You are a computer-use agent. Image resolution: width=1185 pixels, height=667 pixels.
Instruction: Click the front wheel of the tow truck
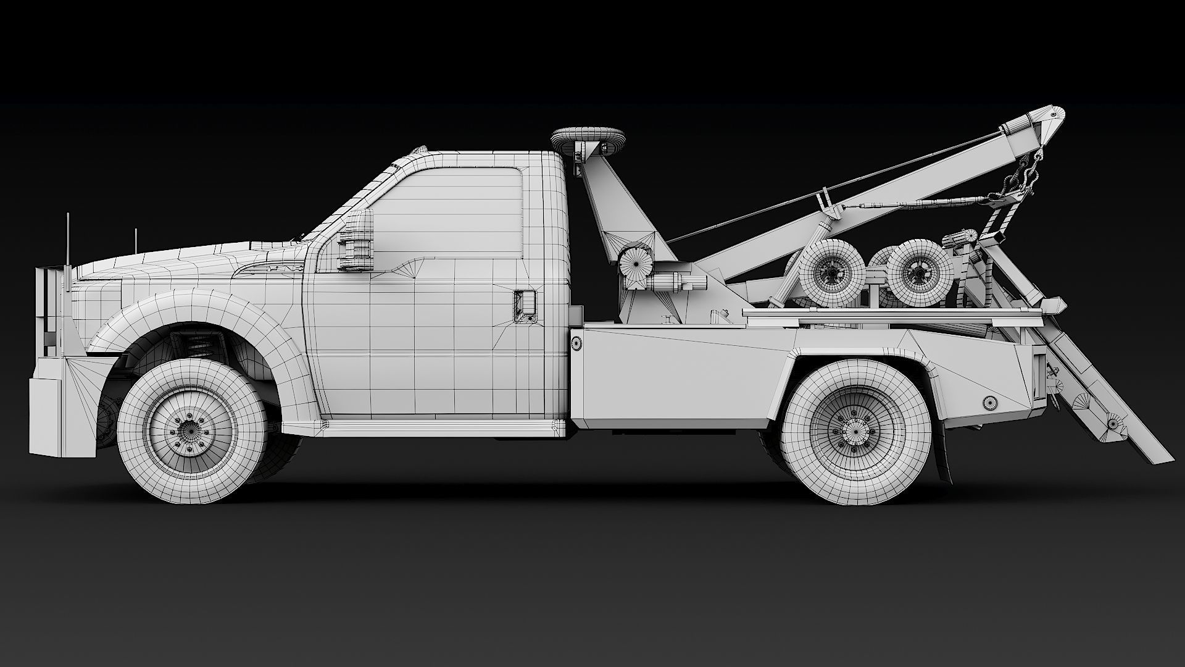click(192, 422)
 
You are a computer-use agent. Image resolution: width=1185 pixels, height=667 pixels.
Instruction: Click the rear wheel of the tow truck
click(855, 425)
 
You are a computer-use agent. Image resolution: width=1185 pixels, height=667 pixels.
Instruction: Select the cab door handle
click(525, 305)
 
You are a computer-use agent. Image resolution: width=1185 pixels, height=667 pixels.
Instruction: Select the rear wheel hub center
click(855, 426)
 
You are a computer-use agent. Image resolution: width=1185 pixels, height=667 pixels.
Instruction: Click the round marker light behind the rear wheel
click(989, 402)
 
